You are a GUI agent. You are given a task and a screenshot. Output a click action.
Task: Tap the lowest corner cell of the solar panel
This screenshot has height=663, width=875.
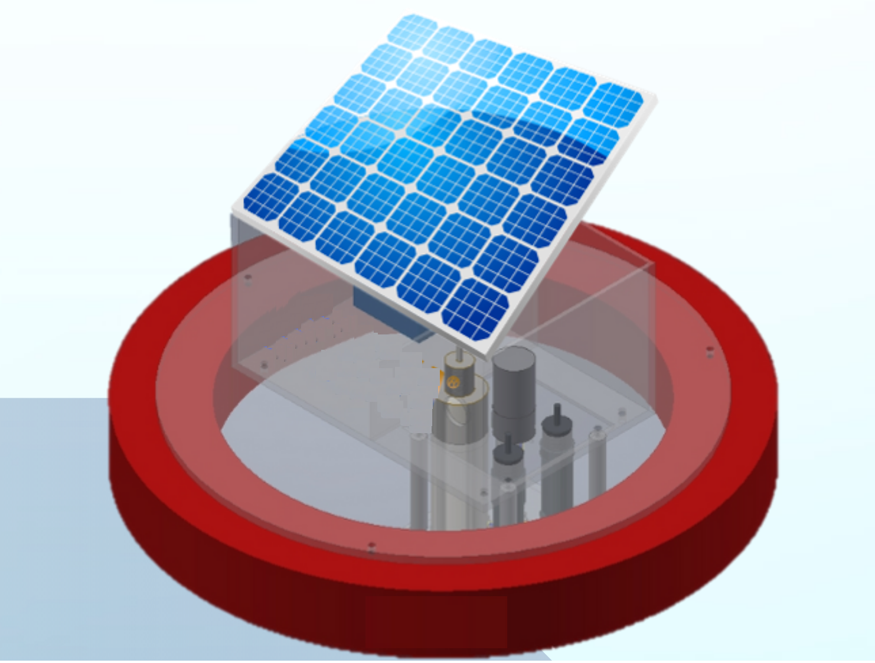click(476, 311)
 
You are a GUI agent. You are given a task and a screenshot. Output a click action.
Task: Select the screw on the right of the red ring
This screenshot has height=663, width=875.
click(710, 353)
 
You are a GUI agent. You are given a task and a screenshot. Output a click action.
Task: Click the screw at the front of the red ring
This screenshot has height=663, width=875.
click(371, 547)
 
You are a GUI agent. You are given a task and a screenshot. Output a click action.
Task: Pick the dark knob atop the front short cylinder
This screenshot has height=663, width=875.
click(508, 452)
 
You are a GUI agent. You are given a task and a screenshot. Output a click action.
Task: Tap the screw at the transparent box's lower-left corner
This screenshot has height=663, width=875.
click(264, 366)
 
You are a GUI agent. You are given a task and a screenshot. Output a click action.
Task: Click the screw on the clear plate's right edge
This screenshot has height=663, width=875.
click(622, 411)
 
